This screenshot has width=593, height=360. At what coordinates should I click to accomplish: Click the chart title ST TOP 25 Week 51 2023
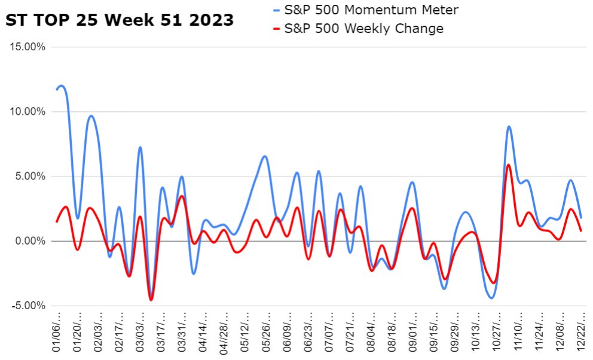tap(120, 20)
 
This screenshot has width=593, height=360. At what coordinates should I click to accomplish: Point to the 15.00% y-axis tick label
tap(28, 47)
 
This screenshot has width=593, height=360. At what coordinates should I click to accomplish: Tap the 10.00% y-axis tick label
tap(28, 112)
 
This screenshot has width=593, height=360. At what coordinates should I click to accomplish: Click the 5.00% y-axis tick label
tap(30, 176)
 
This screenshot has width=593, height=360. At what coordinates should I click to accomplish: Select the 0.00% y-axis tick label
tap(30, 241)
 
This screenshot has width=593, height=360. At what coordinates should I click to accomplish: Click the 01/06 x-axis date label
tap(58, 332)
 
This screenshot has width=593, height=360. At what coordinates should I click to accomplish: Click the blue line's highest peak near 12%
tap(62, 86)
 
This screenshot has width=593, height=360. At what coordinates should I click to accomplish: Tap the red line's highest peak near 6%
tap(508, 164)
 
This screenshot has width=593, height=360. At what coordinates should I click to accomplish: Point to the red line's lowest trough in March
tap(151, 300)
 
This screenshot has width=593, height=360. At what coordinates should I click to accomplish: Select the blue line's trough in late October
tap(491, 298)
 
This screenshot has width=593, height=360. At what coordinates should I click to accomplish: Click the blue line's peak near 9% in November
tap(508, 126)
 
